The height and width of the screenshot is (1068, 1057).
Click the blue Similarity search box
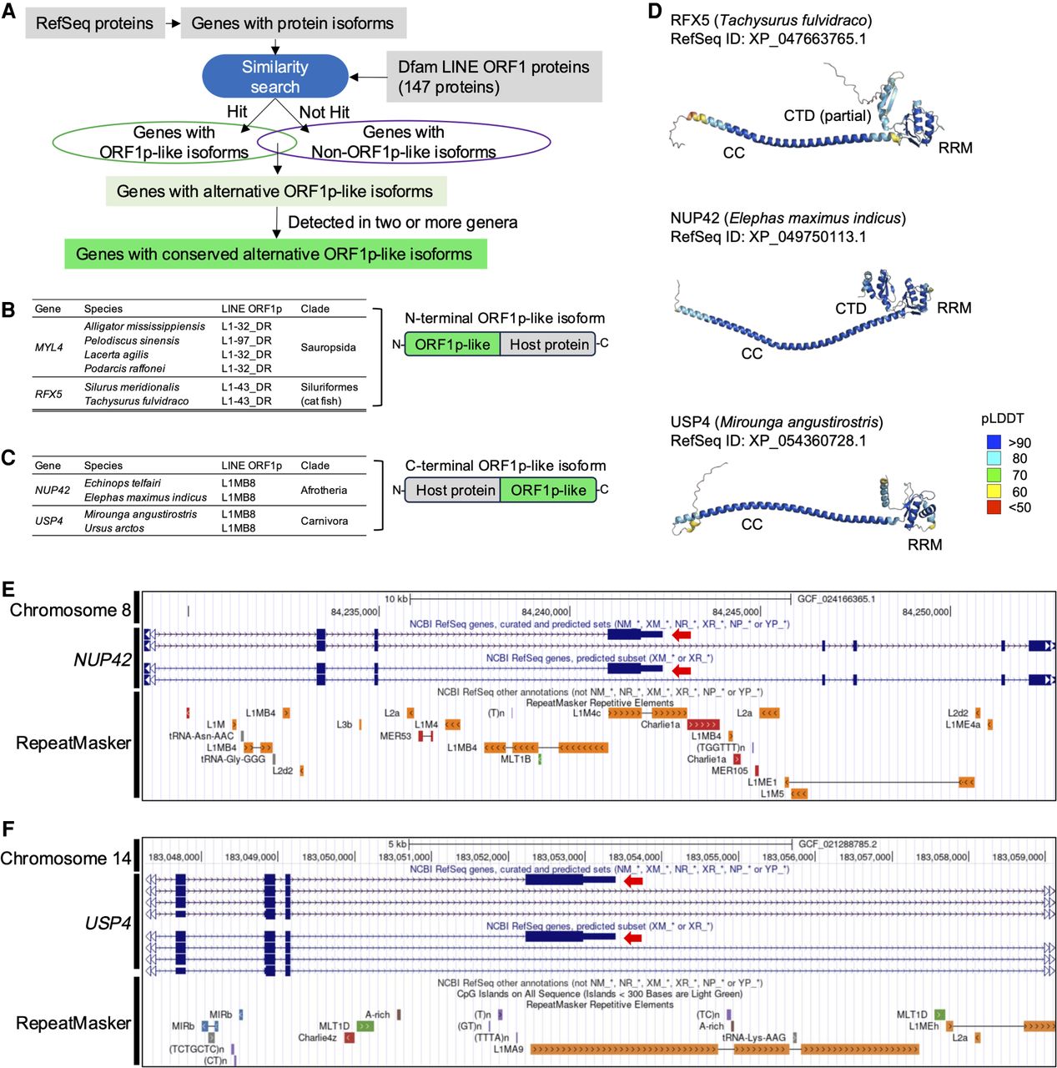(x=274, y=76)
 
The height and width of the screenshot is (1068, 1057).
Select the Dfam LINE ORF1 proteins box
(x=494, y=77)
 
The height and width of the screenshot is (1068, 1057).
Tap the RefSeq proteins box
(x=94, y=23)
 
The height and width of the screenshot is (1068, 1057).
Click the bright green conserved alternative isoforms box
(x=274, y=254)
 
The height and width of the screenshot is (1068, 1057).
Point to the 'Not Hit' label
(x=324, y=112)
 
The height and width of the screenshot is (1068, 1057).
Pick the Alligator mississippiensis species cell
(x=144, y=326)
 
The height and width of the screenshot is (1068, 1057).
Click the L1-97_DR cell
(x=246, y=340)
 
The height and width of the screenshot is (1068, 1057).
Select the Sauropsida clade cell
(x=328, y=347)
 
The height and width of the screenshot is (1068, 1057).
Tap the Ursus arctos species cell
(x=114, y=528)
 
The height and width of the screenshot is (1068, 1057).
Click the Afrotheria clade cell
(x=324, y=490)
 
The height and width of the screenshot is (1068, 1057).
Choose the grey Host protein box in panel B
(x=548, y=345)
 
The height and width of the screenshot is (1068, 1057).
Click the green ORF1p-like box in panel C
(x=548, y=490)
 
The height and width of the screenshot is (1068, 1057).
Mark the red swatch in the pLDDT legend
(x=993, y=507)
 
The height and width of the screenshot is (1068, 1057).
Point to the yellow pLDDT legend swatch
(x=993, y=491)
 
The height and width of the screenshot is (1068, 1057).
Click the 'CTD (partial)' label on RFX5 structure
(x=827, y=116)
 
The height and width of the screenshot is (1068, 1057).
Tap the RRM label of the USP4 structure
(x=924, y=545)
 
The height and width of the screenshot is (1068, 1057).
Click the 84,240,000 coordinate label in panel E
(x=545, y=612)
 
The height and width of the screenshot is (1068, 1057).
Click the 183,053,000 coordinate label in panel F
(x=558, y=857)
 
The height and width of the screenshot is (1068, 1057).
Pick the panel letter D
(x=654, y=11)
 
